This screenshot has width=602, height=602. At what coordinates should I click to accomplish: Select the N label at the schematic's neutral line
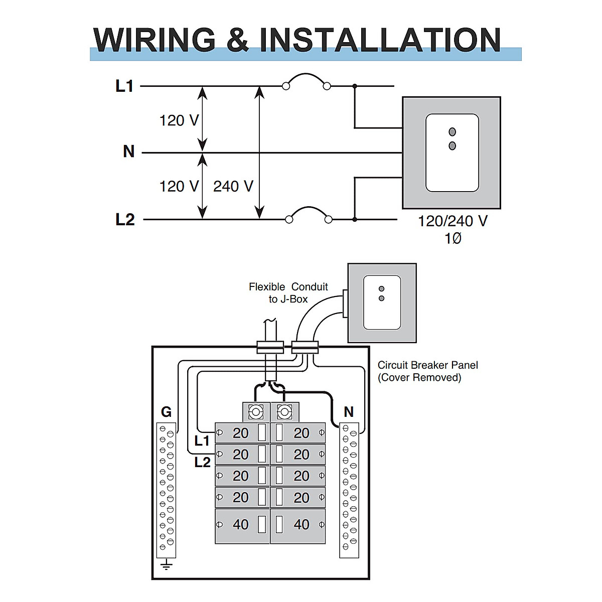pyautogui.click(x=128, y=152)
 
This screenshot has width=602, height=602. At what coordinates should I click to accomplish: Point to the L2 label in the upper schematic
pyautogui.click(x=124, y=219)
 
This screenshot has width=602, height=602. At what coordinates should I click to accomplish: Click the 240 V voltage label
pyautogui.click(x=233, y=186)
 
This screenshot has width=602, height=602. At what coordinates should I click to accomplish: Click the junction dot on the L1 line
pyautogui.click(x=355, y=86)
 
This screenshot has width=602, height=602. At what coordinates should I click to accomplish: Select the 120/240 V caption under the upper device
pyautogui.click(x=453, y=221)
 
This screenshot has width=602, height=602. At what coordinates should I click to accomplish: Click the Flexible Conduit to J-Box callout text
pyautogui.click(x=288, y=293)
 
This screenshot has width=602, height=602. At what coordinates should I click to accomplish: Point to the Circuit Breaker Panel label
pyautogui.click(x=427, y=371)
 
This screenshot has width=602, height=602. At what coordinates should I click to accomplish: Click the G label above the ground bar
pyautogui.click(x=166, y=412)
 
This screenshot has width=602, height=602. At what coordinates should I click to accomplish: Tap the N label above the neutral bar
pyautogui.click(x=349, y=412)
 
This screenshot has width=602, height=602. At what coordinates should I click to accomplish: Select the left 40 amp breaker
pyautogui.click(x=242, y=525)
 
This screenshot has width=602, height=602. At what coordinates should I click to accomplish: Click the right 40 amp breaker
pyautogui.click(x=298, y=525)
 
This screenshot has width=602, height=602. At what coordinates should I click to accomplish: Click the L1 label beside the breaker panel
pyautogui.click(x=202, y=441)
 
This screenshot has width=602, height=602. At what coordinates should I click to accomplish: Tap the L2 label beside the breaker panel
pyautogui.click(x=202, y=462)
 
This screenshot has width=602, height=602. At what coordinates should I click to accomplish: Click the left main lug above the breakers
pyautogui.click(x=256, y=412)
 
